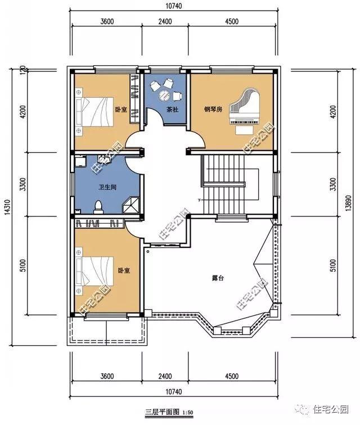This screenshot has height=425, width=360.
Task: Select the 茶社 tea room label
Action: point(172,110)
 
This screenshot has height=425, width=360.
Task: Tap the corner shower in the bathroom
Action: point(133,205)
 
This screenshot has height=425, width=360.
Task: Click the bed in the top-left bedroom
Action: point(93,111)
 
